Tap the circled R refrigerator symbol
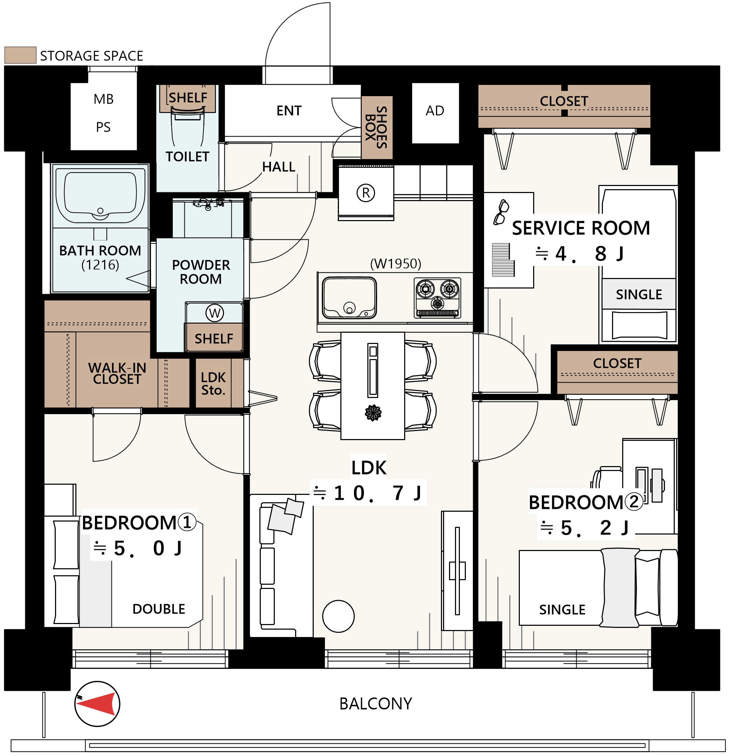point(366,193)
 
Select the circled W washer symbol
point(215,313)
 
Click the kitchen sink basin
point(349,298)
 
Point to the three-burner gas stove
point(437,298)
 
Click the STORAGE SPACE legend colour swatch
point(20,55)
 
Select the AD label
point(435,111)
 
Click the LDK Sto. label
point(213,384)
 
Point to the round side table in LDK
point(339,616)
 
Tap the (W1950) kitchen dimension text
point(395,264)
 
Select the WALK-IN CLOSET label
point(117,373)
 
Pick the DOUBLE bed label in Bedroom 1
point(159,609)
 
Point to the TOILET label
point(187,157)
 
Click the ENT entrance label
point(289,111)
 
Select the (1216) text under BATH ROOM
point(100,265)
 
